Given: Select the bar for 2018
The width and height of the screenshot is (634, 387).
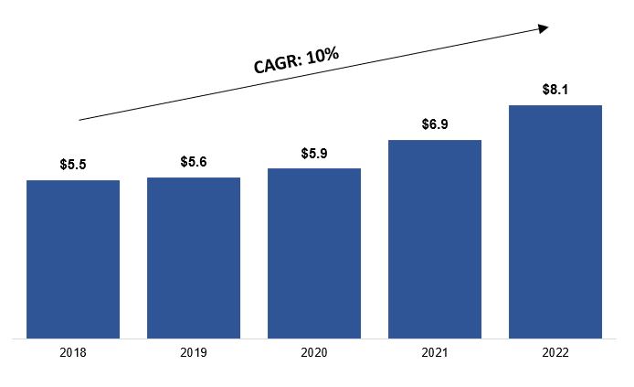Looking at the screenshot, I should (x=73, y=259).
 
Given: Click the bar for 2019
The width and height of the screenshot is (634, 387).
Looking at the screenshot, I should (x=194, y=257).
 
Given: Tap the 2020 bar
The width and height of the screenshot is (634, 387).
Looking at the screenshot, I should (x=314, y=253).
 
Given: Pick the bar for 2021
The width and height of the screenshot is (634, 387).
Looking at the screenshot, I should (x=435, y=239).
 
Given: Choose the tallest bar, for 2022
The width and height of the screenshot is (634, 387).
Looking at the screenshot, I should (x=555, y=221).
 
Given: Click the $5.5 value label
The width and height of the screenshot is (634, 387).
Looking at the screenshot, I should (x=73, y=166).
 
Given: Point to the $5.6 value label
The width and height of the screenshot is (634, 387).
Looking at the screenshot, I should (x=194, y=162).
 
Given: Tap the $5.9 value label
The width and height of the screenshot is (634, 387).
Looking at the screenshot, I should (x=314, y=154).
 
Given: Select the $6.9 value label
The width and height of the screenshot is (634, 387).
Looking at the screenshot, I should (x=435, y=124).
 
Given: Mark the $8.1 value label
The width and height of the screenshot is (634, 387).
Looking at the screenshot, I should (x=555, y=90).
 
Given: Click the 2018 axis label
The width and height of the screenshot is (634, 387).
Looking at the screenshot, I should (x=73, y=353).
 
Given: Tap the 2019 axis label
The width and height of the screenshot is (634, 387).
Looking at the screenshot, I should (x=194, y=353).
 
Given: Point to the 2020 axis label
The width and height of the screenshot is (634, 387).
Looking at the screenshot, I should (x=314, y=353).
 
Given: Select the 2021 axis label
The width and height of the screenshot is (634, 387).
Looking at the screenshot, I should (x=435, y=353).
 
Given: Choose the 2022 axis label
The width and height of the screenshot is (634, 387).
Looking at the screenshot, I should (x=555, y=353).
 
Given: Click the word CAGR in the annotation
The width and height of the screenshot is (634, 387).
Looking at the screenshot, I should (x=277, y=64).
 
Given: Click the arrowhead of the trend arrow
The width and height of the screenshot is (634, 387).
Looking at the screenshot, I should (x=544, y=28).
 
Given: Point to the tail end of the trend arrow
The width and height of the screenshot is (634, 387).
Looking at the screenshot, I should (x=80, y=120).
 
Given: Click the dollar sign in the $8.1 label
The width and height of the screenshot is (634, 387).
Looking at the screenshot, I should (x=545, y=90).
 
